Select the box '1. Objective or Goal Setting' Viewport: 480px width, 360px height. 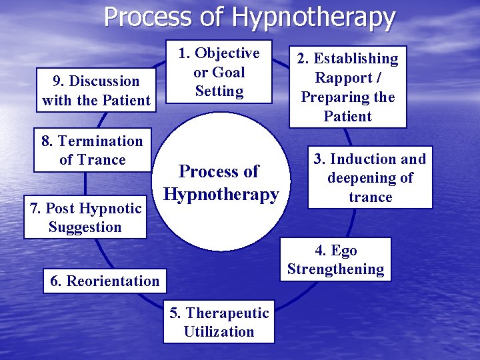(x=219, y=72)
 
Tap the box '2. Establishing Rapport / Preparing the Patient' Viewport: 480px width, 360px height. (x=347, y=87)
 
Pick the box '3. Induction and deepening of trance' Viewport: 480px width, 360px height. (x=370, y=178)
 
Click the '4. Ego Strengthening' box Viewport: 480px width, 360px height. (x=335, y=260)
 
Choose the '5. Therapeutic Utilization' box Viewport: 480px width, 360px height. (x=219, y=323)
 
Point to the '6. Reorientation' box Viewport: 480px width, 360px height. (x=105, y=281)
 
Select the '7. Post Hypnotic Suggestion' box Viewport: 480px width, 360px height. (x=85, y=217)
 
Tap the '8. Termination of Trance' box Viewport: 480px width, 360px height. (x=92, y=150)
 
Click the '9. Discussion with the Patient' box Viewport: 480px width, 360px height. (x=96, y=91)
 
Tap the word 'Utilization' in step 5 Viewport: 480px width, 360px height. (x=219, y=332)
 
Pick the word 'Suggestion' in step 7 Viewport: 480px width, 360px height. (x=85, y=227)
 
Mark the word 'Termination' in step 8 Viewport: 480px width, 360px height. (x=100, y=141)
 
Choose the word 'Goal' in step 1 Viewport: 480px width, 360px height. (x=228, y=72)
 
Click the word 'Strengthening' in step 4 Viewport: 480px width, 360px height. (x=335, y=269)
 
